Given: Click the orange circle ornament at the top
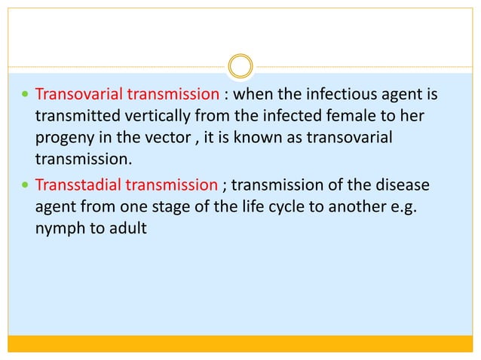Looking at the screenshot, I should coord(240,66).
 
